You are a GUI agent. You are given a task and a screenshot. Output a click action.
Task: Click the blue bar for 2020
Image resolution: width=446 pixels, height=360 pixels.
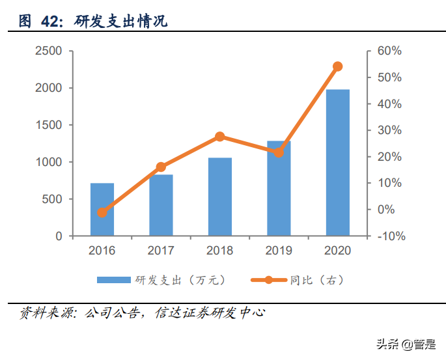pos(337,163)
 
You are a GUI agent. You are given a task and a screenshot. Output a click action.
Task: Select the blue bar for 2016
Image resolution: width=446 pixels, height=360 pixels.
pos(102,210)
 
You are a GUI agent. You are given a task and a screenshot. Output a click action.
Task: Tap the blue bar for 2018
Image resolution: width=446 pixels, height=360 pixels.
pos(219,197)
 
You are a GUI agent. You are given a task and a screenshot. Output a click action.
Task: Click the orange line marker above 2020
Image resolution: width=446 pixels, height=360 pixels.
pos(337,66)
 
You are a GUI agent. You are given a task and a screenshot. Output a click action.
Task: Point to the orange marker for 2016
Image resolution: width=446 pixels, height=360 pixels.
pos(102,212)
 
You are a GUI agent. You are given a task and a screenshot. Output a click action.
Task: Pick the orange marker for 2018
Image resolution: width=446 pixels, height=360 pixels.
pos(219,137)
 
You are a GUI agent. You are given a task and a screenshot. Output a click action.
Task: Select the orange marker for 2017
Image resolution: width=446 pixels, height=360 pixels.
pos(161,167)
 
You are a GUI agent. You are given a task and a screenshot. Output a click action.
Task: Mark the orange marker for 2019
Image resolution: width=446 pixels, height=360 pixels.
pos(279,152)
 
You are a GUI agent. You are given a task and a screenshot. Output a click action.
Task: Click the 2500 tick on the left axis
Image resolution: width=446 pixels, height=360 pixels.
pos(49,51)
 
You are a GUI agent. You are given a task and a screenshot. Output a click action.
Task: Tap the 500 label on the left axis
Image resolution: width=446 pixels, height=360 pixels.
pos(53,199)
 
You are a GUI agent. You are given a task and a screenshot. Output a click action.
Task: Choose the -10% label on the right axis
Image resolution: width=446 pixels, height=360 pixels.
pos(391,236)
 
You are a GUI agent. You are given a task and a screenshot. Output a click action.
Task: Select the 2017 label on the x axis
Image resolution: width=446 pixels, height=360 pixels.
pos(161,251)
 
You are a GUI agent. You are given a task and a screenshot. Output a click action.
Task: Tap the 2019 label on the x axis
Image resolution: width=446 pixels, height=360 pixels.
pos(279,251)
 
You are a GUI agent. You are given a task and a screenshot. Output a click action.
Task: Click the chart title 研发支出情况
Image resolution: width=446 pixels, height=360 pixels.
pos(121,21)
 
